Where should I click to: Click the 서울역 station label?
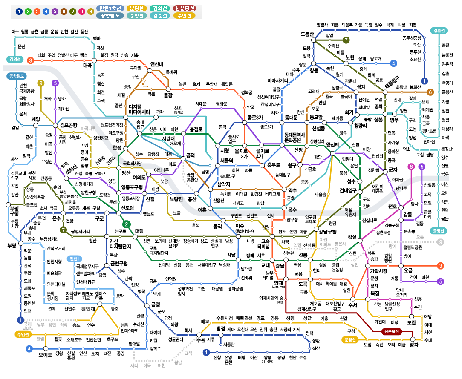click(x=227, y=161)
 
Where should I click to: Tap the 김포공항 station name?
click(x=68, y=125)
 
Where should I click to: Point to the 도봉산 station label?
click(x=307, y=34)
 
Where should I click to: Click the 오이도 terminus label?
click(x=45, y=354)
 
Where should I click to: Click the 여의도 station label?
click(x=139, y=177)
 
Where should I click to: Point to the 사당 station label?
click(x=231, y=255)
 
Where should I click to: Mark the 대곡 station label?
click(x=87, y=66)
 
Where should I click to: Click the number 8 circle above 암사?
click(x=411, y=167)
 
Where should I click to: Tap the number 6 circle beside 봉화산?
click(x=430, y=92)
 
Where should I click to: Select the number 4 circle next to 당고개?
click(x=393, y=63)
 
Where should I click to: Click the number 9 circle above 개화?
click(x=41, y=83)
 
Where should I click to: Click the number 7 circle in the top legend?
click(x=73, y=11)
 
